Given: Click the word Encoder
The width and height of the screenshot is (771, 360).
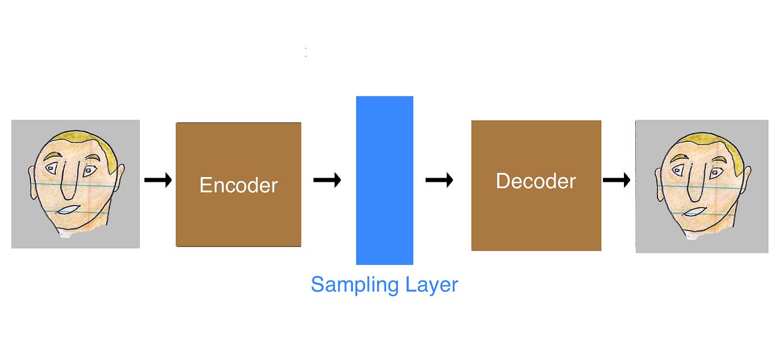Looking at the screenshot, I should point(238,185).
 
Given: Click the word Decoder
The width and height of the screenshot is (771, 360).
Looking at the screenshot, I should point(535,181).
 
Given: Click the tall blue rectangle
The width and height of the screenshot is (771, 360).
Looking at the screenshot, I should point(384,180).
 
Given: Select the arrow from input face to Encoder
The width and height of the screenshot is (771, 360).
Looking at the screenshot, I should point(158,181).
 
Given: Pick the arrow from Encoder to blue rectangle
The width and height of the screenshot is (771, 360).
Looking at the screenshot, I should point(327,181).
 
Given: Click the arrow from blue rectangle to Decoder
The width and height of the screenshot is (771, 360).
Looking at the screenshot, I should point(439,181).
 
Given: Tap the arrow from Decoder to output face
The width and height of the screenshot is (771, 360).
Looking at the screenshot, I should point(616,181).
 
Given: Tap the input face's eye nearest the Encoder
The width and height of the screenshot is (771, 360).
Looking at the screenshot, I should point(90,170).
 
